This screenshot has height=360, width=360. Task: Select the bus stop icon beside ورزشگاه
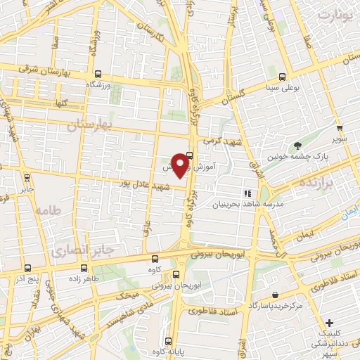[98, 73]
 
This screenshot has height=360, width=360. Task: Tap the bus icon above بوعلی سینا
[283, 77]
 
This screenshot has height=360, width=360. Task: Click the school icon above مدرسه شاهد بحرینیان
[247, 193]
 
